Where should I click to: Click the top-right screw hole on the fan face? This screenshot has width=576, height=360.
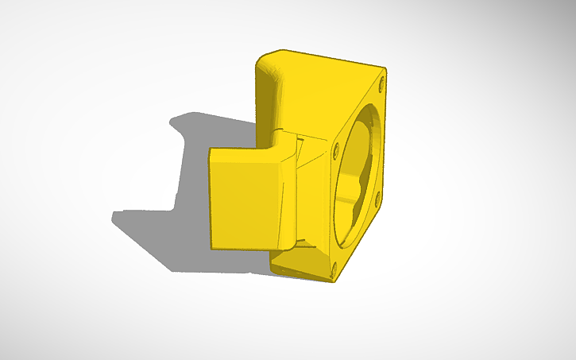[382, 81]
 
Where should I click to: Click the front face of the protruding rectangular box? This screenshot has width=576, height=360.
[242, 200]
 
